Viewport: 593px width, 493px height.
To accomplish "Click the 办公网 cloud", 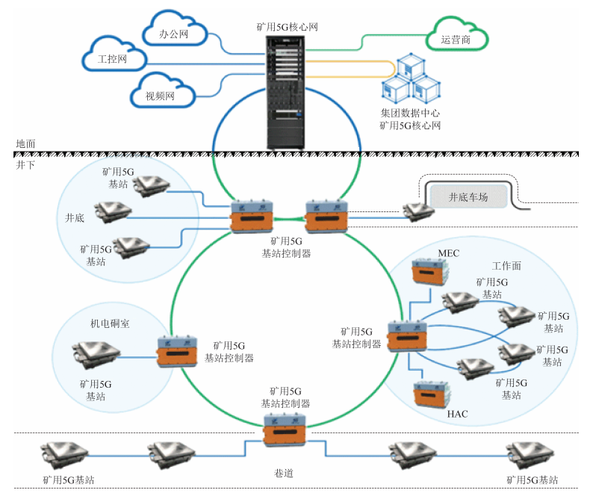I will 173,33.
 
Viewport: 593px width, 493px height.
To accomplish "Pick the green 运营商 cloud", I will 456,37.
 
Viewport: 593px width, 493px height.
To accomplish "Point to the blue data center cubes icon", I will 410,80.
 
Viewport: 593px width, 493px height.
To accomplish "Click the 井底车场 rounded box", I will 468,197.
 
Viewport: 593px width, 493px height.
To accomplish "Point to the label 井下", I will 26,164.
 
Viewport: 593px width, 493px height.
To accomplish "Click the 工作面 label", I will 506,266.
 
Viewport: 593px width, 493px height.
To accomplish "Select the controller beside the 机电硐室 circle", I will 178,351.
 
